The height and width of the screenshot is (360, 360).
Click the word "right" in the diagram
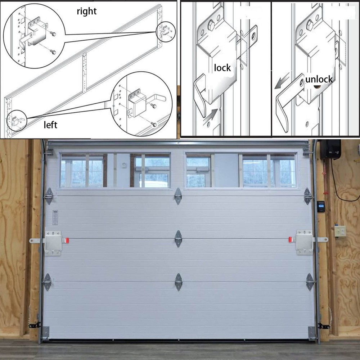click(87, 11)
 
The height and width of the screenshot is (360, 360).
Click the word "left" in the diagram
click(50, 125)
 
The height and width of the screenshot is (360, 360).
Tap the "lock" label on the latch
click(222, 68)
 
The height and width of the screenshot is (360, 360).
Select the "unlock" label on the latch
click(319, 79)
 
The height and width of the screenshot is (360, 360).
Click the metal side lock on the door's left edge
click(53, 242)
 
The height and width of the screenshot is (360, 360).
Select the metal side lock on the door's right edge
click(304, 242)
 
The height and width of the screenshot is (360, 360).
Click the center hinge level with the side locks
click(178, 239)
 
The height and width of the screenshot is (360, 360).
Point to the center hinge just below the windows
click(178, 196)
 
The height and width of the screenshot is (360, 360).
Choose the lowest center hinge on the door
click(178, 282)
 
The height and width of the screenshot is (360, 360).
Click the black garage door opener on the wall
click(330, 149)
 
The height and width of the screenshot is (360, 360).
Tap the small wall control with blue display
click(320, 206)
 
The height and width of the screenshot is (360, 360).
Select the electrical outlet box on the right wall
click(340, 231)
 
